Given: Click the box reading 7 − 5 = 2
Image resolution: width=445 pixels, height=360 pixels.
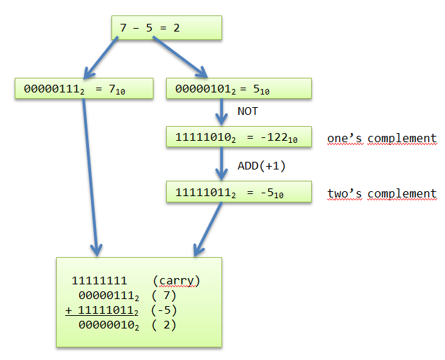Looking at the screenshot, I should tap(166, 27).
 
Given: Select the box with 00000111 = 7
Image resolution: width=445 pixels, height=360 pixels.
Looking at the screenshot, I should tap(84, 89).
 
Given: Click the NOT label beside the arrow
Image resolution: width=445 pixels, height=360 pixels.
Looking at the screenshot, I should tap(247, 111).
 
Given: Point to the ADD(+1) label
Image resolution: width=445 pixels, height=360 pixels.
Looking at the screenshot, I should tap(261, 165).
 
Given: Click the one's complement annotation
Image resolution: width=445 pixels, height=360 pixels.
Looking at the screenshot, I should tap(382, 138).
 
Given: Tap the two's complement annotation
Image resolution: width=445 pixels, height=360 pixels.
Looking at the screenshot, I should tap(382, 193).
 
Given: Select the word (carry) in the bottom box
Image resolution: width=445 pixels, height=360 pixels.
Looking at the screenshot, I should tap(179, 281).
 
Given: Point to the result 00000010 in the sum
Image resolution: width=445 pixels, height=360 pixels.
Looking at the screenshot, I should tap(107, 325).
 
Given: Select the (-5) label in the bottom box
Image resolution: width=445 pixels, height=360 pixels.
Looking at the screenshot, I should tap(163, 310).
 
